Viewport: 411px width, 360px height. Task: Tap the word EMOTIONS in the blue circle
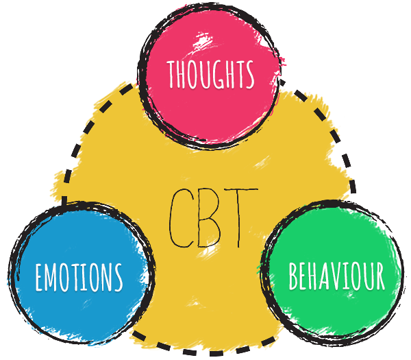tap(79, 276)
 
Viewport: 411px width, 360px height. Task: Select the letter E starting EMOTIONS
tap(40, 276)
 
